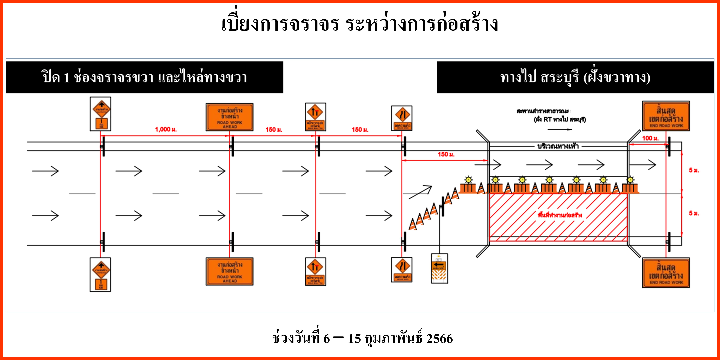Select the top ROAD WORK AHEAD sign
pyautogui.click(x=230, y=117)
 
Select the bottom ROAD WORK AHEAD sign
pyautogui.click(x=230, y=271)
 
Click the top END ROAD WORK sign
pyautogui.click(x=666, y=116)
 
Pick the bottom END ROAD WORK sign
pyautogui.click(x=666, y=273)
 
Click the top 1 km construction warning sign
pyautogui.click(x=100, y=114)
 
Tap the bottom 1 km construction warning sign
pyautogui.click(x=100, y=274)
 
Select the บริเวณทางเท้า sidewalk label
pyautogui.click(x=558, y=146)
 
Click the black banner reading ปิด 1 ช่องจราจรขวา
pyautogui.click(x=144, y=77)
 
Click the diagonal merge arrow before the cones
pyautogui.click(x=420, y=192)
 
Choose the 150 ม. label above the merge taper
pyautogui.click(x=446, y=154)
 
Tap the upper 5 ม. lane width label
pyautogui.click(x=694, y=170)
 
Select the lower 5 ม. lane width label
pyautogui.click(x=694, y=213)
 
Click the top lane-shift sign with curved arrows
pyautogui.click(x=402, y=118)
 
